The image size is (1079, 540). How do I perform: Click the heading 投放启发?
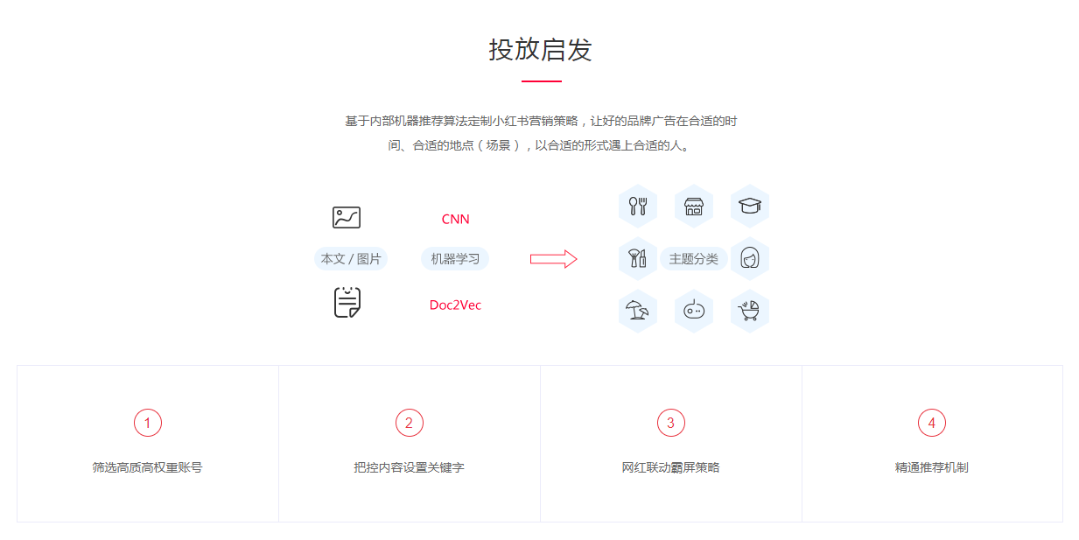[x=541, y=50]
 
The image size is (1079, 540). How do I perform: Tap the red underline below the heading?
[x=542, y=81]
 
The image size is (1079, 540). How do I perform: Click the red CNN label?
[x=455, y=219]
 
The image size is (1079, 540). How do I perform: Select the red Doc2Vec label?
[x=455, y=305]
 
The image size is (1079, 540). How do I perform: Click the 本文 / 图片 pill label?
[x=351, y=259]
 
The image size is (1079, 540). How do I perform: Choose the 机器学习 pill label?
[x=455, y=259]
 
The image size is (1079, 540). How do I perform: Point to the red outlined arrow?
[x=553, y=259]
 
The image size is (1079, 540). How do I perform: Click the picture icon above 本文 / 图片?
[x=347, y=218]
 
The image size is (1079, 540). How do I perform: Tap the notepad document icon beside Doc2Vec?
[x=347, y=302]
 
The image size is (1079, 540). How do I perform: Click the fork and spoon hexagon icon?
[x=638, y=207]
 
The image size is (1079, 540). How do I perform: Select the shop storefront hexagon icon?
[x=694, y=207]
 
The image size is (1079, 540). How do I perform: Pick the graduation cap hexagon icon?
[x=749, y=207]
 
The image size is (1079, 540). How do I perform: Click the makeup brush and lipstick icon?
[x=638, y=259]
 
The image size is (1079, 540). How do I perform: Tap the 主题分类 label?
[x=694, y=259]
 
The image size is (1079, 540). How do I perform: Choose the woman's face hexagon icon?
[x=749, y=259]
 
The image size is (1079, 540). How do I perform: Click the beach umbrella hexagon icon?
[x=638, y=311]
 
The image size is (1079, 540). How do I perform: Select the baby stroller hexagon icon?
[x=749, y=311]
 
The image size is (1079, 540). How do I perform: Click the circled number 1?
[x=147, y=423]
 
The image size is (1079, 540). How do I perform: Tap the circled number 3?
[x=670, y=423]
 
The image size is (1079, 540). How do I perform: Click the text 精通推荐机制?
[x=932, y=467]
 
